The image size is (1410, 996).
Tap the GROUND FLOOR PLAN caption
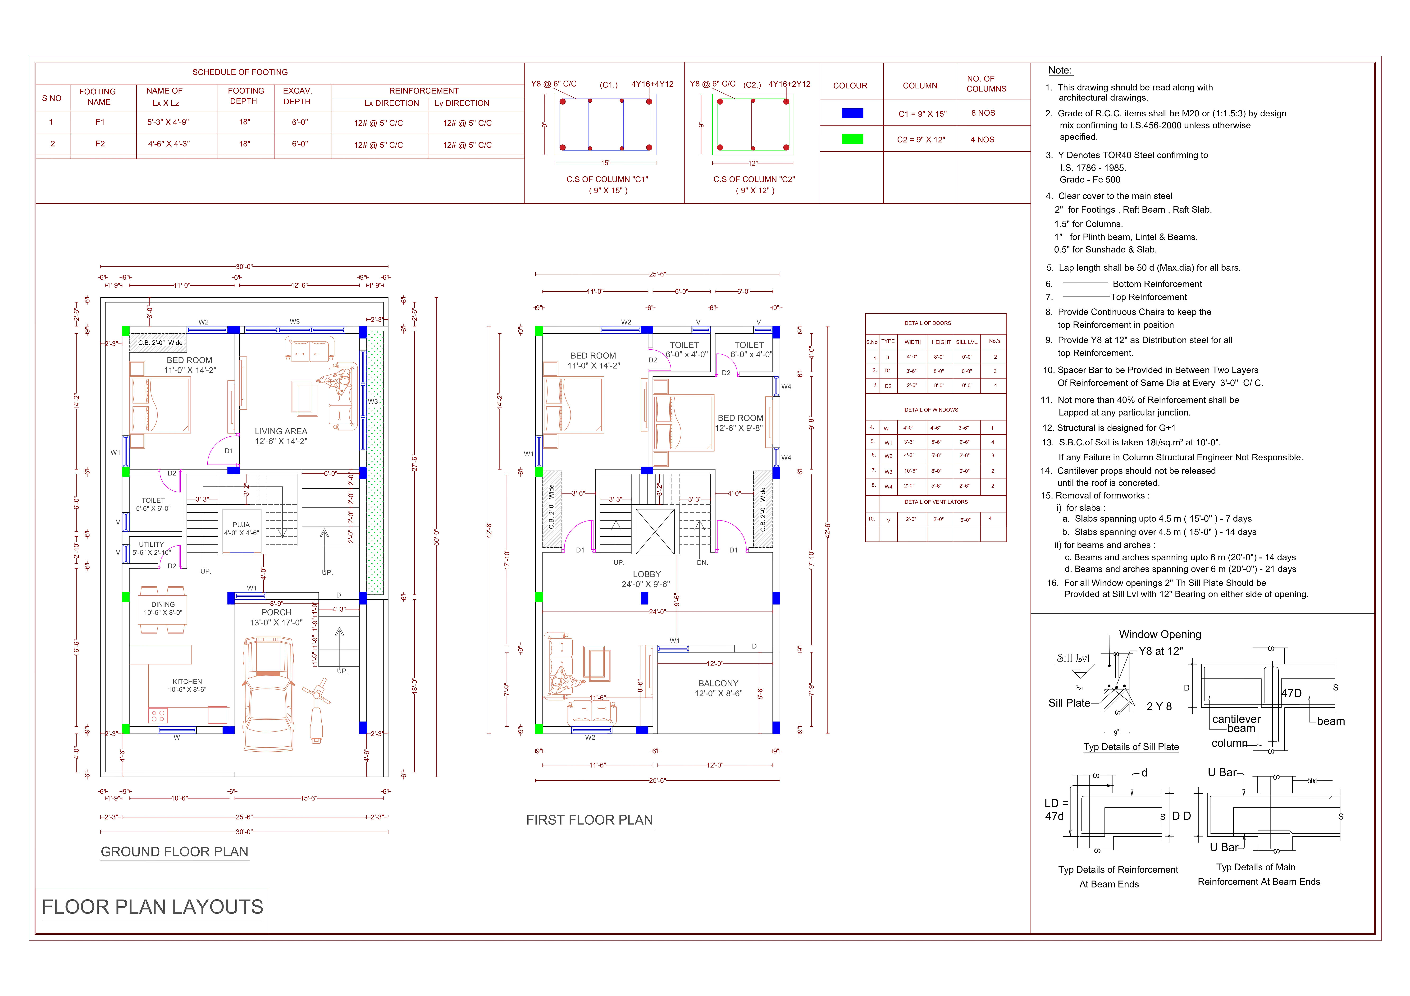pos(174,852)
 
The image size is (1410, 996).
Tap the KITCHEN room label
pos(187,682)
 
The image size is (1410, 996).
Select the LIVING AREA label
pos(281,432)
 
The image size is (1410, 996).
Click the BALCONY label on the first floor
pos(718,683)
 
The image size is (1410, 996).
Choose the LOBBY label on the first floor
pos(647,574)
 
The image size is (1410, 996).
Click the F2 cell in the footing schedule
pos(100,144)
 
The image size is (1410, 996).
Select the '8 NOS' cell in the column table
pos(983,113)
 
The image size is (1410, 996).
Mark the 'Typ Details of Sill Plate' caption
pos(1131,747)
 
